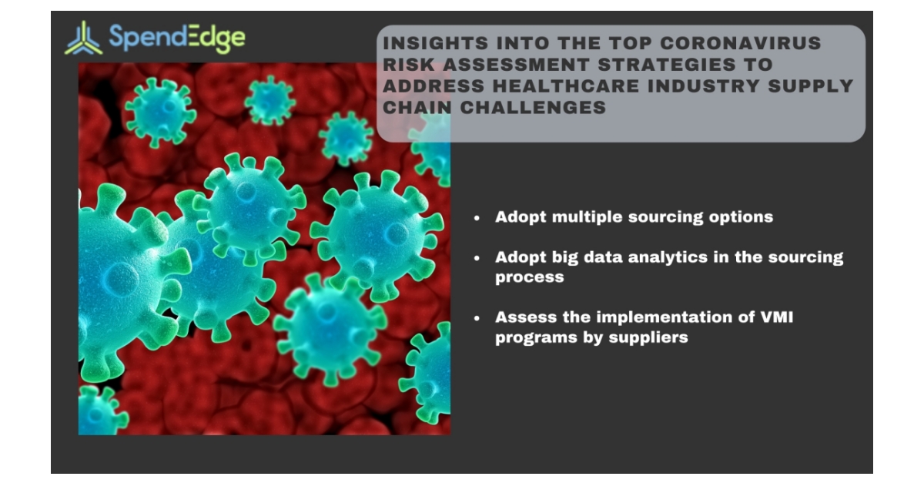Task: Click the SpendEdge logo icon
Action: coord(83,39)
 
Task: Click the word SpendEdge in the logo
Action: coord(177,37)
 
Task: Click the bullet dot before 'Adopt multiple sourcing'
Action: coord(477,218)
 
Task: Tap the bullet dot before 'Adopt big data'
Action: coord(477,258)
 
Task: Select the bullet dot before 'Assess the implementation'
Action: coord(477,318)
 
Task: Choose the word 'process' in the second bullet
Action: coord(529,277)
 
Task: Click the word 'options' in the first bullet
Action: coord(739,217)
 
